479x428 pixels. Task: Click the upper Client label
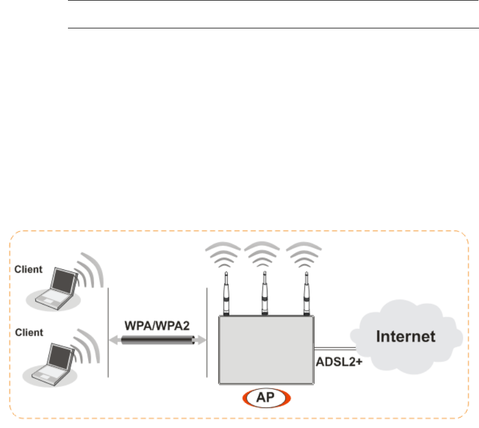[x=28, y=270]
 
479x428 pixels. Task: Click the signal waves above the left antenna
[x=226, y=254]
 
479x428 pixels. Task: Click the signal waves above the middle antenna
[x=265, y=254]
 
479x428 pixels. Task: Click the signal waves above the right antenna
[x=305, y=254]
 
